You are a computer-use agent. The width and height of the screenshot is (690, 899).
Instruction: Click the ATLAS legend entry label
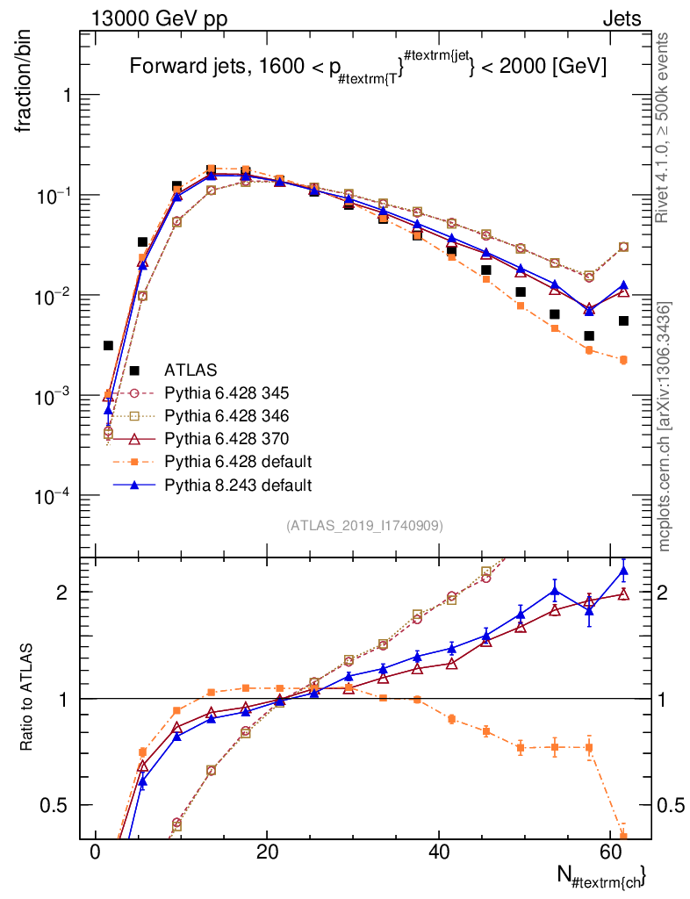[191, 370]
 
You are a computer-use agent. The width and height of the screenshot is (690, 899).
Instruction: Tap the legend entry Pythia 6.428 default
[238, 461]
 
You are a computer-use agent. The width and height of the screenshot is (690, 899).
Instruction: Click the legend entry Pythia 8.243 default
[238, 484]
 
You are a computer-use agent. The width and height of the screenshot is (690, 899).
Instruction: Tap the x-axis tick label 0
[95, 852]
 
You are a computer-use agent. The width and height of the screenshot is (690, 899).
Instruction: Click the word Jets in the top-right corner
[621, 19]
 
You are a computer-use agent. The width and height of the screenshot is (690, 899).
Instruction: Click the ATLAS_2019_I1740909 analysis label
[364, 526]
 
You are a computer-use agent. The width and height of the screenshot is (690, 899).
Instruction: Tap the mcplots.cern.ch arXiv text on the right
[665, 426]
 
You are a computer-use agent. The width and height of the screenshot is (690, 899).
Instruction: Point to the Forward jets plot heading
[368, 67]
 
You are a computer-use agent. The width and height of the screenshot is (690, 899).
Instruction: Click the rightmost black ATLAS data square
[623, 320]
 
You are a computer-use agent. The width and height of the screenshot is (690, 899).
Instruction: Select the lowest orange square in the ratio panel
[623, 836]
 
